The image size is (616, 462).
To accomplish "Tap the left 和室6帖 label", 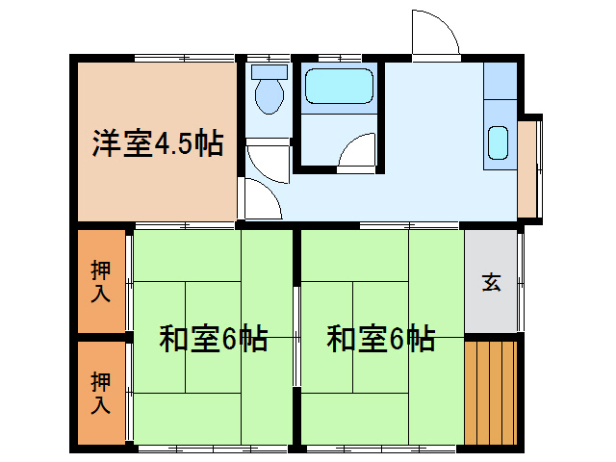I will (x=213, y=339).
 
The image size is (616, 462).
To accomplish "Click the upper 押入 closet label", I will (x=100, y=280).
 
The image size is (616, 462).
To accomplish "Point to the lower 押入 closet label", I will (x=100, y=393).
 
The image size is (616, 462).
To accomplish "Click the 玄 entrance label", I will (x=492, y=283).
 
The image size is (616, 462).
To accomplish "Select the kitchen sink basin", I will (x=498, y=142).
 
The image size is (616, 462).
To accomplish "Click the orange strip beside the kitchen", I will (x=527, y=168).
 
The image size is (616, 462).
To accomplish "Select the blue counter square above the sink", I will (x=500, y=81).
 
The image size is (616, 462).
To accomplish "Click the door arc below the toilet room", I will (x=258, y=198).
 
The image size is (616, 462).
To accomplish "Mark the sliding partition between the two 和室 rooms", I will (x=296, y=337).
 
